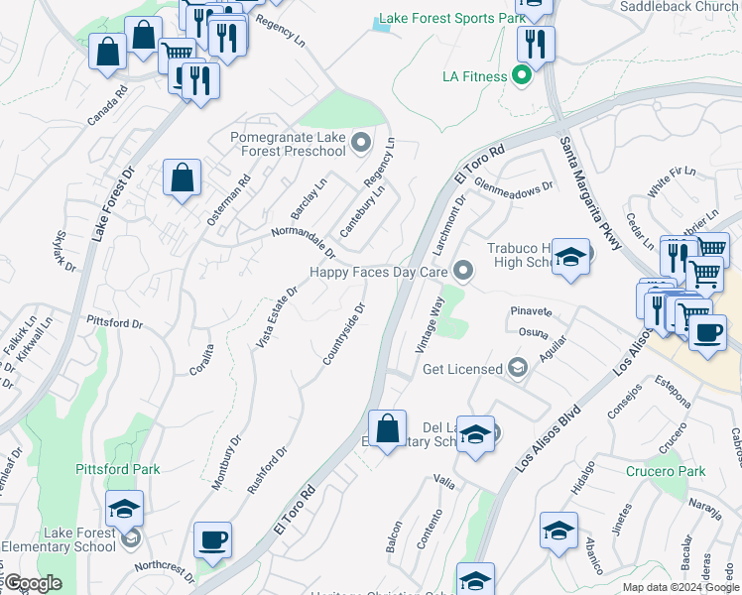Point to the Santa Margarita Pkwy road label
pyautogui.click(x=585, y=197)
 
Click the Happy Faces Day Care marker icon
pyautogui.click(x=462, y=270)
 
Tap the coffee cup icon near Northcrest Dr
pyautogui.click(x=213, y=541)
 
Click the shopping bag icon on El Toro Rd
pyautogui.click(x=388, y=429)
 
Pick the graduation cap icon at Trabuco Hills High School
pyautogui.click(x=570, y=257)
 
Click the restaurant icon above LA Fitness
pyautogui.click(x=535, y=44)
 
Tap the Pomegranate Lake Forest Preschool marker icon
pyautogui.click(x=358, y=142)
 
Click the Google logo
pyautogui.click(x=32, y=584)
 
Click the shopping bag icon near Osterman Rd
pyautogui.click(x=183, y=179)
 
